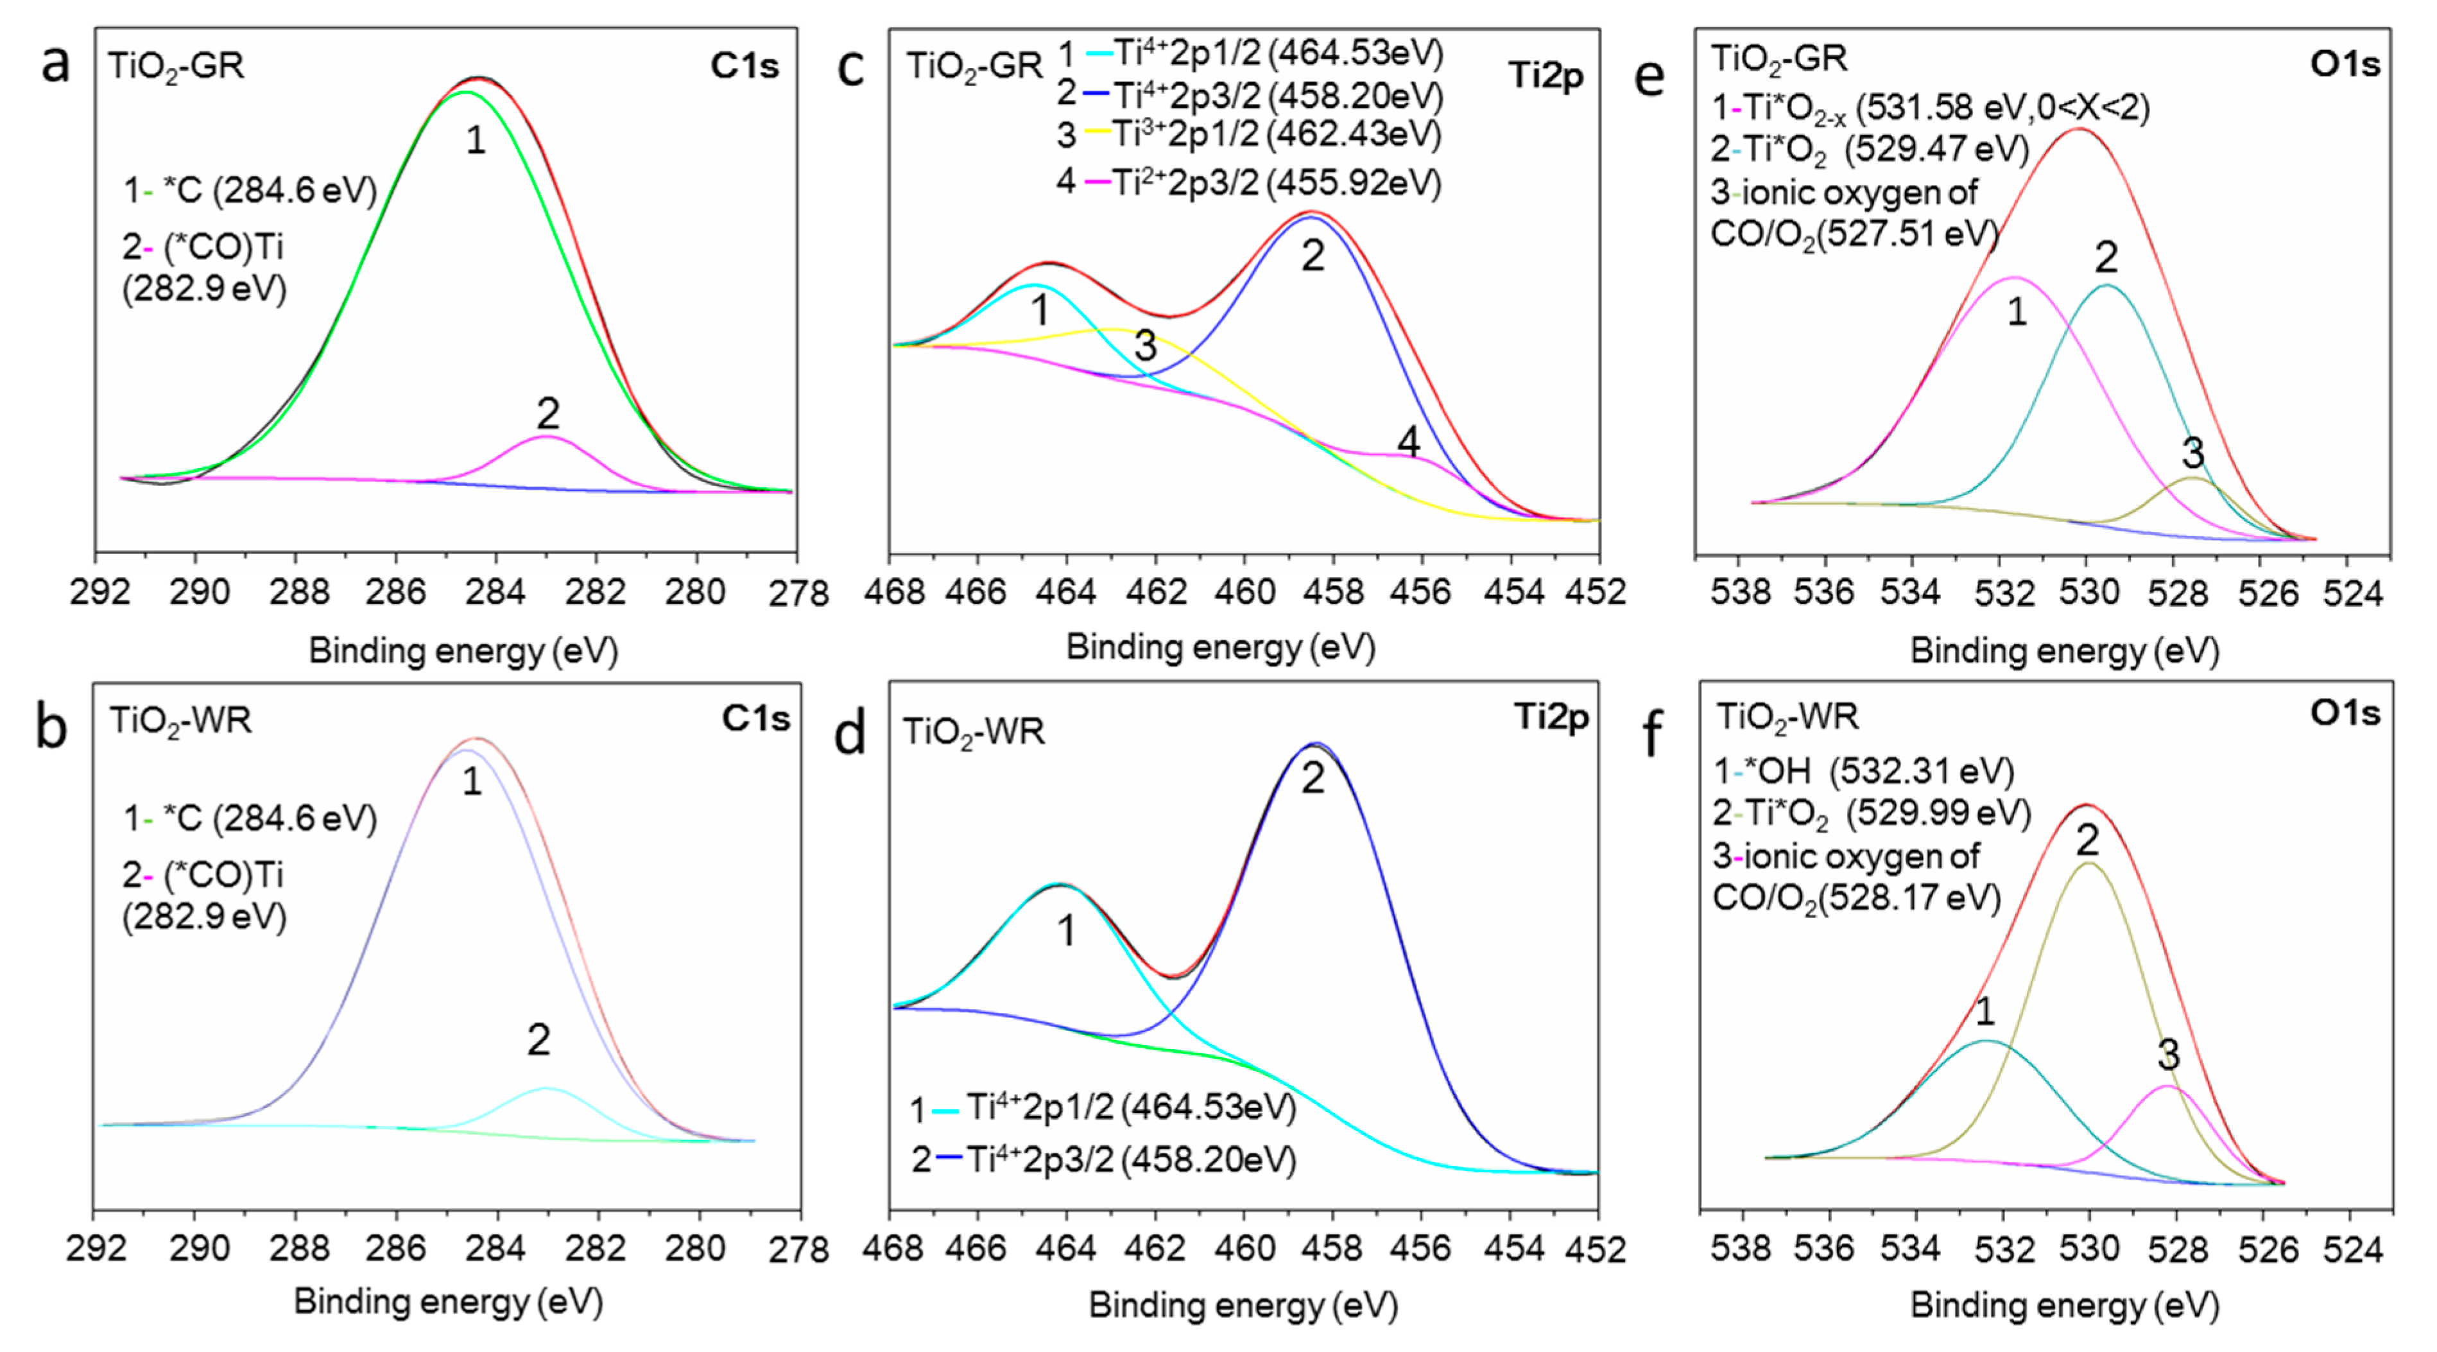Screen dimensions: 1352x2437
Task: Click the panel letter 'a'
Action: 55,64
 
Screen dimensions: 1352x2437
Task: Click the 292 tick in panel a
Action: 99,593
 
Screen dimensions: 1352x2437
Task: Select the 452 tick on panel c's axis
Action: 1598,591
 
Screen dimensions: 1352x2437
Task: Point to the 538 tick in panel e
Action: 1741,593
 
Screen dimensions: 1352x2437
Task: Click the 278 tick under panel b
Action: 800,1250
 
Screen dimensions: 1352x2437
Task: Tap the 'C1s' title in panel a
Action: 745,65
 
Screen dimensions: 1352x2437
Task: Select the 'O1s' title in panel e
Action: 2345,64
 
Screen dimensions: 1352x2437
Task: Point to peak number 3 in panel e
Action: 2193,453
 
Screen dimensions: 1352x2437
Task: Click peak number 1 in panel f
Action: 1985,1011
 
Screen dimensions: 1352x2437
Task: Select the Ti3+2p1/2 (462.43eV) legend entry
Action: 1249,134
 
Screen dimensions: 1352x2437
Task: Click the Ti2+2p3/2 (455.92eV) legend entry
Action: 1249,182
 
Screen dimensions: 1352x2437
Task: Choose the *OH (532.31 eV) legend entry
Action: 1864,771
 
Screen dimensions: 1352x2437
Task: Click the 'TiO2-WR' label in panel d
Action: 974,731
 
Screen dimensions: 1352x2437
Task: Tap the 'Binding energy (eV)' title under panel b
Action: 449,1302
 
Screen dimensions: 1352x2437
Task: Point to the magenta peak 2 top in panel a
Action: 547,437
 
